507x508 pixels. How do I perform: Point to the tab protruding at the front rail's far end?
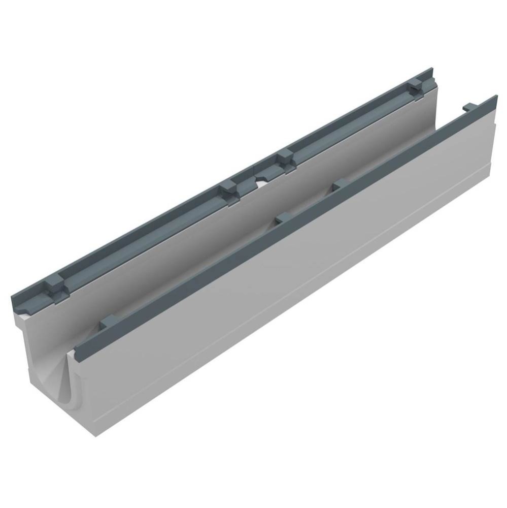(470, 107)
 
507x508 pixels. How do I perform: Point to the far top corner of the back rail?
(431, 68)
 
